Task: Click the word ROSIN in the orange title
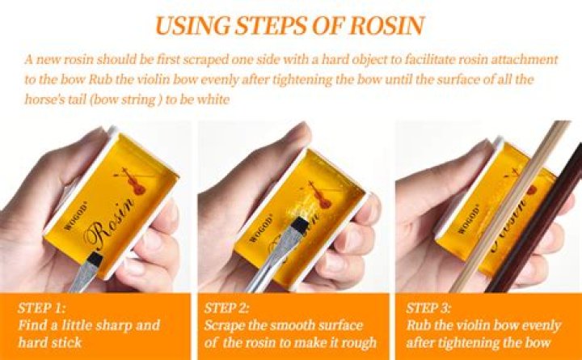tap(386, 26)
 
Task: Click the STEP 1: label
tap(41, 308)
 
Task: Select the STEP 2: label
tap(227, 308)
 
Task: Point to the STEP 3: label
tap(428, 308)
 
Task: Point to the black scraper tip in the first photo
tap(97, 258)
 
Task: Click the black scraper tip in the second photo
tap(300, 226)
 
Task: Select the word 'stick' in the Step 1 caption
tap(67, 342)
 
